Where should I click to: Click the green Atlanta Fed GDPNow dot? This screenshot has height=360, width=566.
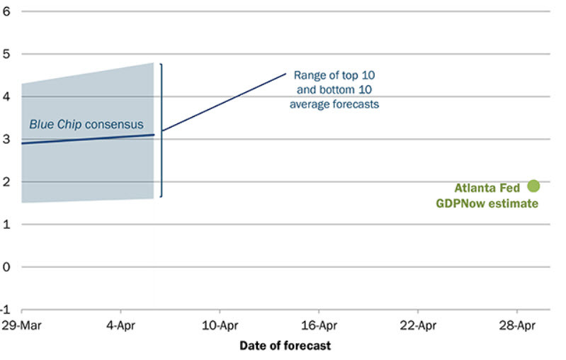pyautogui.click(x=533, y=186)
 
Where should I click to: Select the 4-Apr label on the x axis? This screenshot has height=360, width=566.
pyautogui.click(x=121, y=327)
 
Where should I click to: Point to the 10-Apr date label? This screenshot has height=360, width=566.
pyautogui.click(x=220, y=327)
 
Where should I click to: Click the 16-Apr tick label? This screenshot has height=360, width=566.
pyautogui.click(x=319, y=327)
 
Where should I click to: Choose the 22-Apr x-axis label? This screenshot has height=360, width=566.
pyautogui.click(x=417, y=327)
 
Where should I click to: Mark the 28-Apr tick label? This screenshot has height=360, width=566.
pyautogui.click(x=516, y=327)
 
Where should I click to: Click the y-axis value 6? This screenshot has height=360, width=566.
pyautogui.click(x=6, y=11)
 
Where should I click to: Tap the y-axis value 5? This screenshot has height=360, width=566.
pyautogui.click(x=6, y=54)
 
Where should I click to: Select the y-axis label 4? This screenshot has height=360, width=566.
pyautogui.click(x=6, y=96)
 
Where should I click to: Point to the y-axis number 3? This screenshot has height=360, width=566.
pyautogui.click(x=6, y=139)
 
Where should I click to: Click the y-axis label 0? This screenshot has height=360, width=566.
pyautogui.click(x=6, y=267)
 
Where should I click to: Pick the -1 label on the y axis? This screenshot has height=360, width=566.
pyautogui.click(x=6, y=310)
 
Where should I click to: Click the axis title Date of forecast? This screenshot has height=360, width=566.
pyautogui.click(x=285, y=346)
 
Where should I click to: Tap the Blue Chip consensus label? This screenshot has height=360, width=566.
pyautogui.click(x=86, y=125)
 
